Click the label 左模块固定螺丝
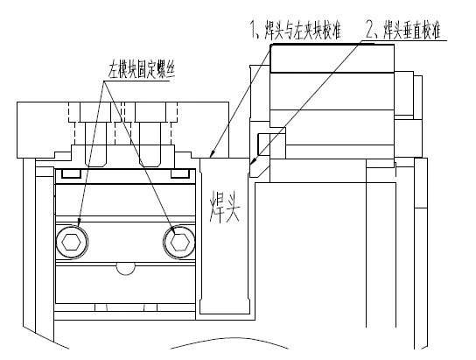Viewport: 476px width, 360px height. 142,71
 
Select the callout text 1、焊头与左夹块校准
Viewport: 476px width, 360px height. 296,30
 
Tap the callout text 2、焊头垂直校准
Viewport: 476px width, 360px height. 403,30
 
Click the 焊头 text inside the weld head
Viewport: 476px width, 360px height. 225,207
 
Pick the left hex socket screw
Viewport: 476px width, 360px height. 72,243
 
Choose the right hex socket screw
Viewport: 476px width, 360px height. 179,243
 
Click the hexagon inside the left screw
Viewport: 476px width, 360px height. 71,243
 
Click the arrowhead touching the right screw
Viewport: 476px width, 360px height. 173,230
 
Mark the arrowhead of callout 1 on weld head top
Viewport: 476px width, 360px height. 213,152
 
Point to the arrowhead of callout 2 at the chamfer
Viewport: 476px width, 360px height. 253,160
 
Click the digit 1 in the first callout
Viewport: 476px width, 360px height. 253,29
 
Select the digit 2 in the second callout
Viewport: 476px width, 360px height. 370,29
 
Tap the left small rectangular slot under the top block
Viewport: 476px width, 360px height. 72,173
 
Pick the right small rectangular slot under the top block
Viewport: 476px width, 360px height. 180,173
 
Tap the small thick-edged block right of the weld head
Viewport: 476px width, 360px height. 263,144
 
